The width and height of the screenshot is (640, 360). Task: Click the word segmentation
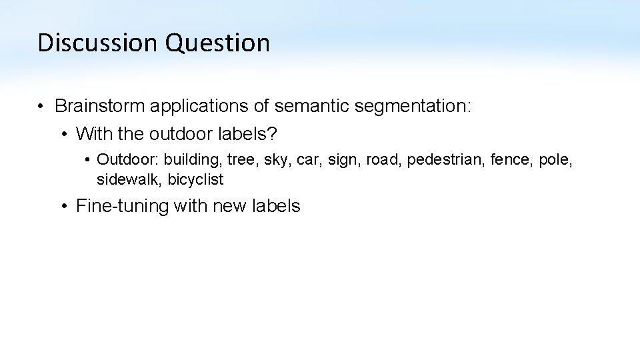pyautogui.click(x=416, y=106)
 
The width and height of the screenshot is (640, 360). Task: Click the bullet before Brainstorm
pyautogui.click(x=41, y=106)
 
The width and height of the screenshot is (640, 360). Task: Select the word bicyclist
pyautogui.click(x=196, y=179)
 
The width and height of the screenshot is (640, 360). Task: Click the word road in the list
pyautogui.click(x=383, y=160)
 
